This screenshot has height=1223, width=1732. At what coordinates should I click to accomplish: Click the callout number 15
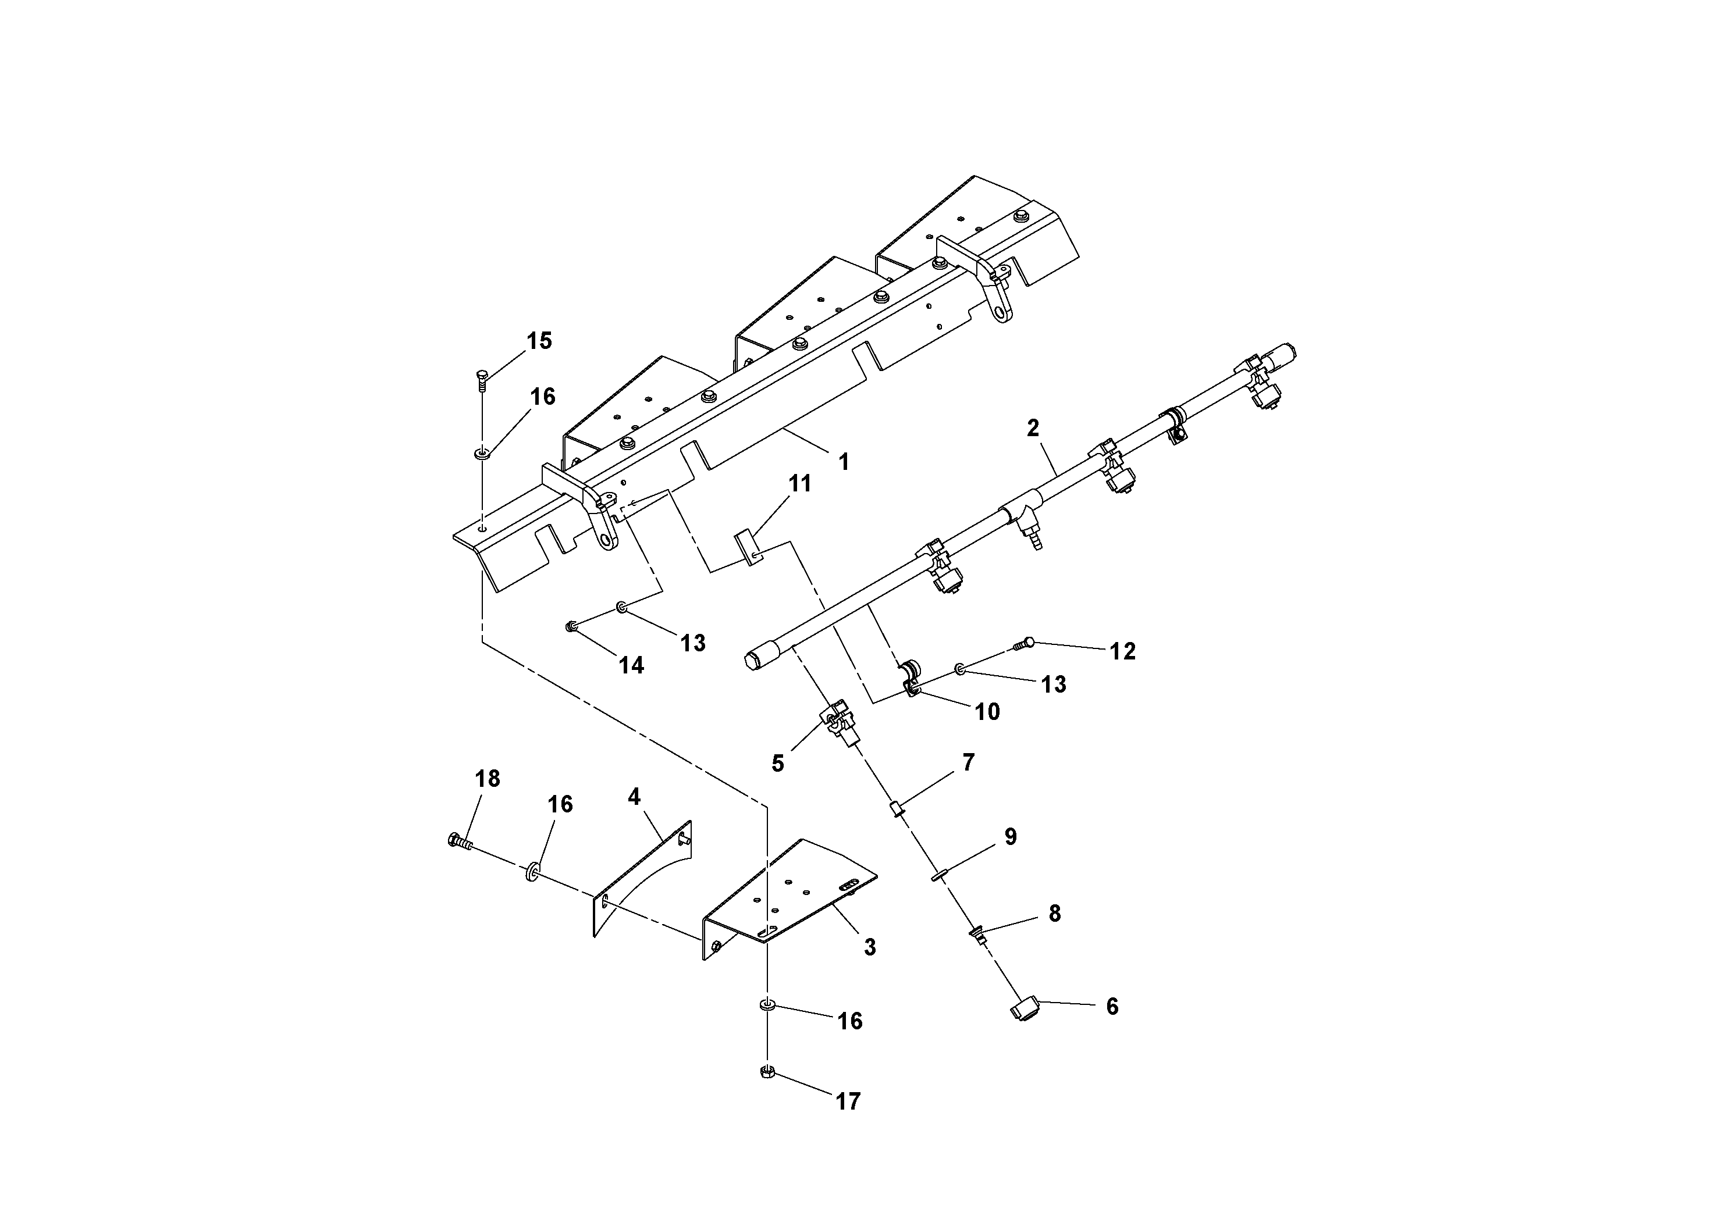coord(539,341)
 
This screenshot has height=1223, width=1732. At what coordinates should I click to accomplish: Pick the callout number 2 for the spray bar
coord(1033,428)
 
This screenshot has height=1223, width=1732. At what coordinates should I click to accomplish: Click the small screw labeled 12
coord(1023,643)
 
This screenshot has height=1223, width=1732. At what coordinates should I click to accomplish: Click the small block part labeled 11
coord(746,547)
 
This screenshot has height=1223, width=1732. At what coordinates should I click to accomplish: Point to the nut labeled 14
coord(572,626)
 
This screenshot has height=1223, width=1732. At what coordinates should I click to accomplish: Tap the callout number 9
coord(1010,837)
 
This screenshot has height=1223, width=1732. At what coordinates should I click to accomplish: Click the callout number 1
coord(844,461)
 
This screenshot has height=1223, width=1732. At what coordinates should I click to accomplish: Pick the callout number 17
coord(848,1101)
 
